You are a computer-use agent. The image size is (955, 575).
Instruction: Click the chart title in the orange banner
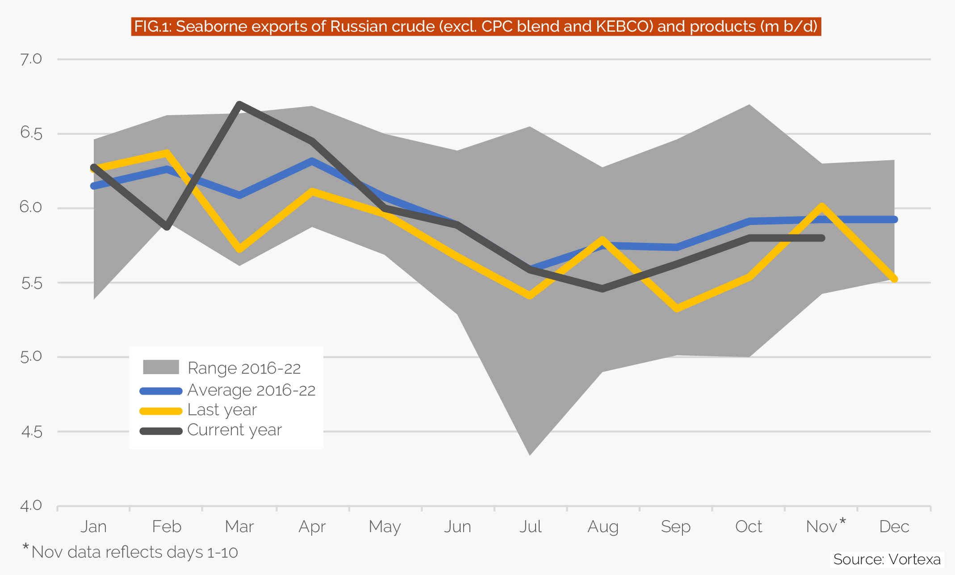[x=476, y=27]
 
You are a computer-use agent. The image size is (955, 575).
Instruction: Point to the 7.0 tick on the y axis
[x=31, y=59]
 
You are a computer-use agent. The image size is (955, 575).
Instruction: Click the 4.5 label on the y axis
[x=31, y=432]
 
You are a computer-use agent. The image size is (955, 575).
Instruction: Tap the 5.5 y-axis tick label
[x=31, y=283]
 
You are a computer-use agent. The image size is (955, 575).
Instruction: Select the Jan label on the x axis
[x=93, y=527]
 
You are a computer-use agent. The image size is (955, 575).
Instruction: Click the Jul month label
[x=530, y=527]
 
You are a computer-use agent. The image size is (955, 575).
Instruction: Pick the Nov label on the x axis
[x=821, y=527]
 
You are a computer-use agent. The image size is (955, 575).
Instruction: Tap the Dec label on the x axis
[x=894, y=527]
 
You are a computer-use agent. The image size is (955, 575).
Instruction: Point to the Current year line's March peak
[x=240, y=105]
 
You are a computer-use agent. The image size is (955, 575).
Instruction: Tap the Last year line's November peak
[x=822, y=206]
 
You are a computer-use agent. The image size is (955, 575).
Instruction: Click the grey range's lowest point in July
[x=530, y=454]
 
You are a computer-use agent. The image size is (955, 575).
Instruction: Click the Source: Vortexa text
[x=887, y=559]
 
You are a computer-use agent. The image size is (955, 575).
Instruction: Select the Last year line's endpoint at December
[x=894, y=279]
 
